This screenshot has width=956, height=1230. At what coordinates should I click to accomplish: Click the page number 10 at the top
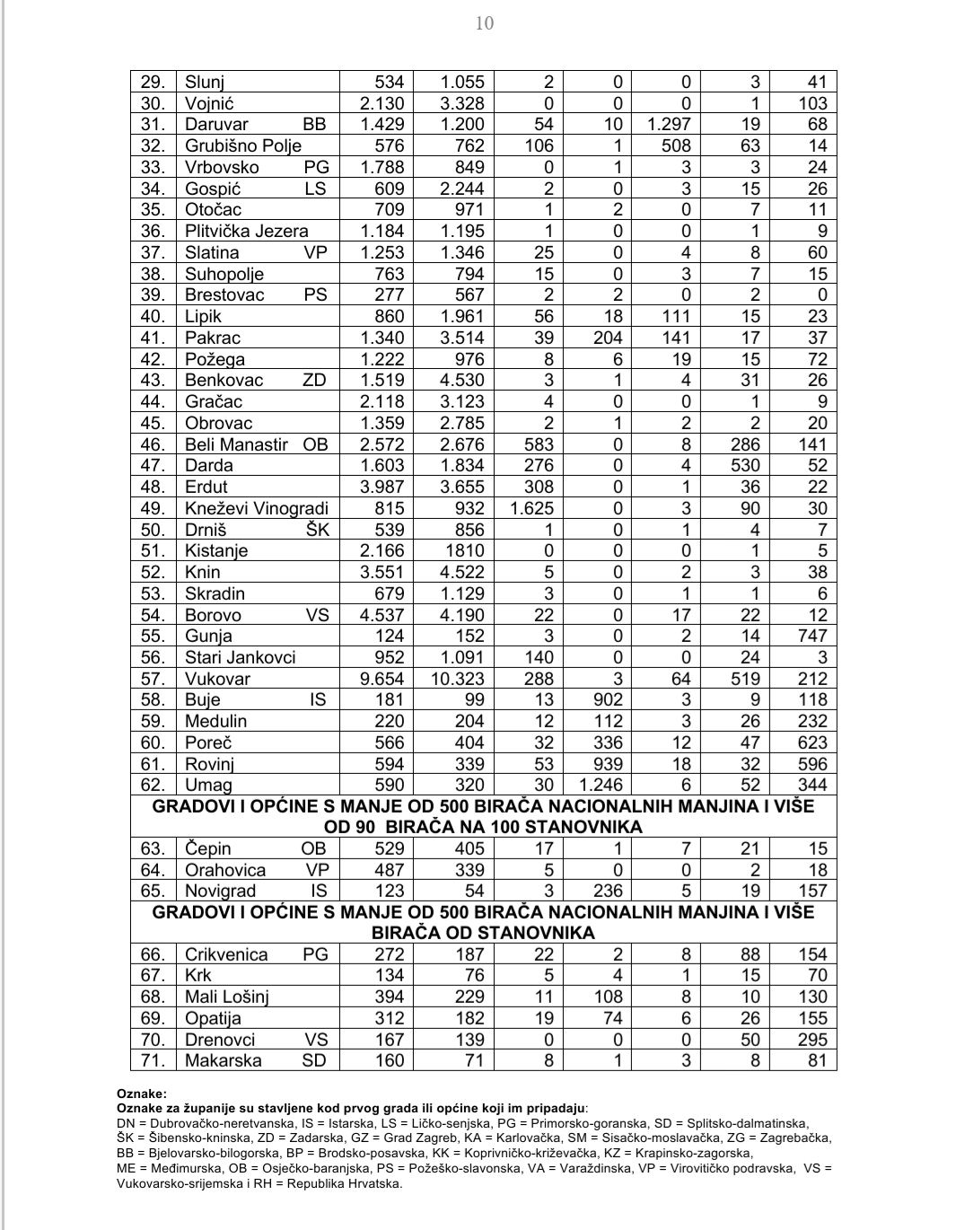(x=484, y=23)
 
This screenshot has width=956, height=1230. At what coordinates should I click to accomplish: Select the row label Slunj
(x=205, y=83)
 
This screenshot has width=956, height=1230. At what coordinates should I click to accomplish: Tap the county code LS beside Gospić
(x=315, y=189)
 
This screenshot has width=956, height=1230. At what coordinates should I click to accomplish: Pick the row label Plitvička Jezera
(x=246, y=232)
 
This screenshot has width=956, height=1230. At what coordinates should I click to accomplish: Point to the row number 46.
(x=153, y=444)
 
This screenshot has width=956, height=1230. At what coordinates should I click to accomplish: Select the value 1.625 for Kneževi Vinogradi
(x=530, y=508)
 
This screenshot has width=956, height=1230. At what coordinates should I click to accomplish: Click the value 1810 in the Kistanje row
(x=462, y=551)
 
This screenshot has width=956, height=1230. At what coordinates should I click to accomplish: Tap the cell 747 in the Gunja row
(x=811, y=637)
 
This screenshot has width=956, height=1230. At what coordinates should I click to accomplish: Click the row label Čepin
(x=207, y=849)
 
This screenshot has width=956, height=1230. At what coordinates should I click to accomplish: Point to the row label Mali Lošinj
(x=226, y=997)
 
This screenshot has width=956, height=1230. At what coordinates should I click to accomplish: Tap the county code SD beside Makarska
(x=315, y=1061)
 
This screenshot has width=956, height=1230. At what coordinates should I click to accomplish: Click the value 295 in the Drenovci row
(x=811, y=1040)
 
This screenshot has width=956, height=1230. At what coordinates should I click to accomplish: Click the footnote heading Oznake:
(x=141, y=1094)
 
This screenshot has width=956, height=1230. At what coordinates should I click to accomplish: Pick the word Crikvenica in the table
(x=226, y=955)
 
